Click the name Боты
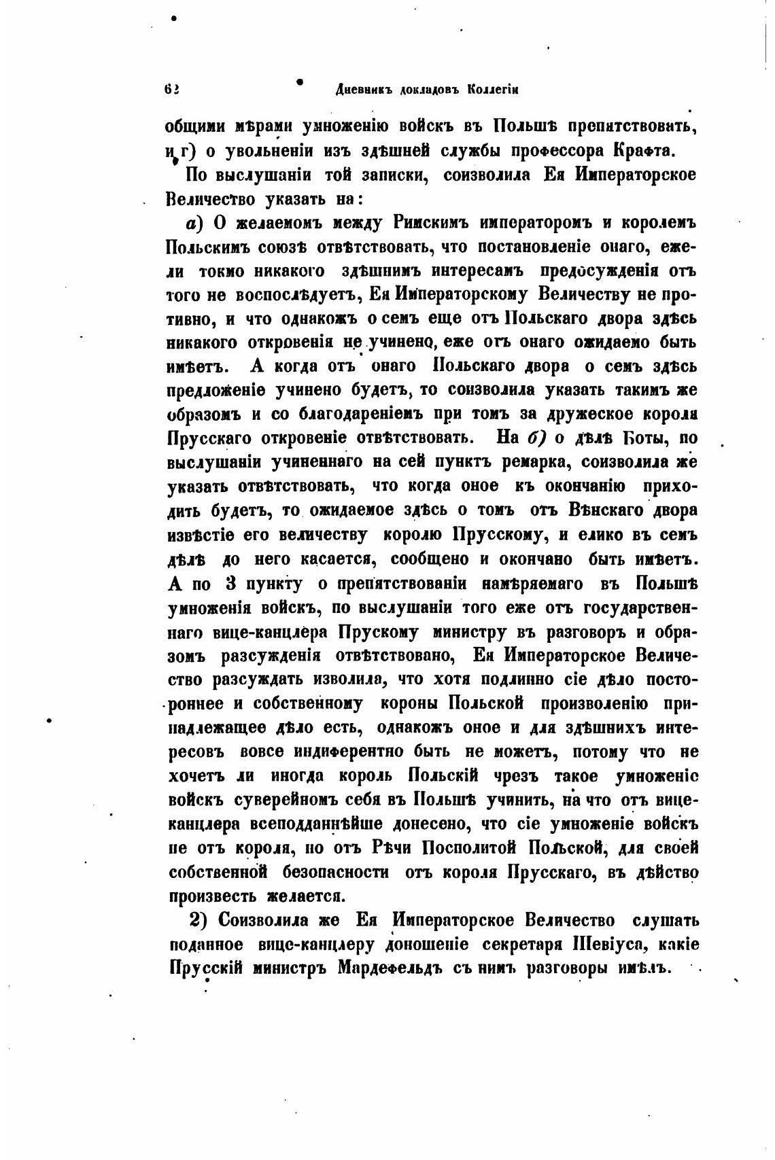pyautogui.click(x=636, y=438)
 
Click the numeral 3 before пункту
pyautogui.click(x=230, y=584)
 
